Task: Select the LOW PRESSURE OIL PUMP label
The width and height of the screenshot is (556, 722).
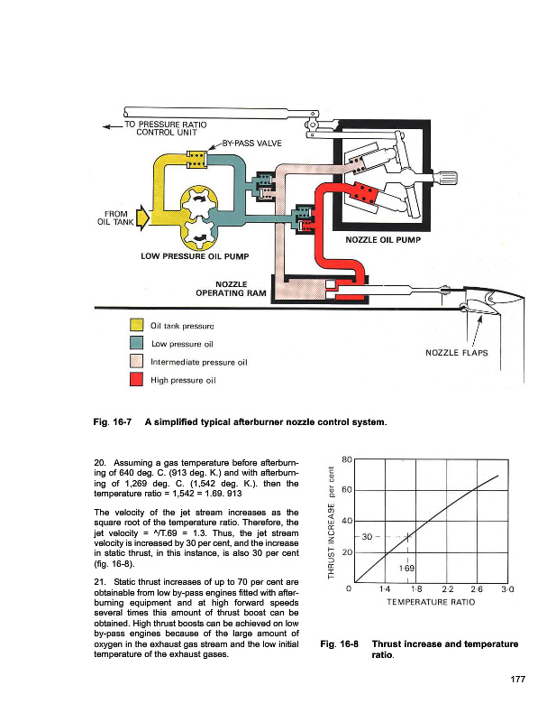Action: tap(195, 255)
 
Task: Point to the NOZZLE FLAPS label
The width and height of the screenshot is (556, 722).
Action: tap(455, 353)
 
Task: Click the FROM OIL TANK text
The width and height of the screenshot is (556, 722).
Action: tap(114, 220)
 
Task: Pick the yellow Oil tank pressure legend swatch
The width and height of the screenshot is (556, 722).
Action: tap(136, 325)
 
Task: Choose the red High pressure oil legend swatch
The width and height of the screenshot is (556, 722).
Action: tap(136, 380)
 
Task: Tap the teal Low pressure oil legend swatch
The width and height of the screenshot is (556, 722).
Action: tap(136, 343)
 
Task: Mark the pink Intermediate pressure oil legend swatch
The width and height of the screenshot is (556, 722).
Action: tap(136, 362)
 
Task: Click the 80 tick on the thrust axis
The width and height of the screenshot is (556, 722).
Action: tap(346, 458)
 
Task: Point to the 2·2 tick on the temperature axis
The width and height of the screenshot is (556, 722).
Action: tap(448, 588)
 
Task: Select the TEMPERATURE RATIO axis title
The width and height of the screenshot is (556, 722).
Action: tap(427, 600)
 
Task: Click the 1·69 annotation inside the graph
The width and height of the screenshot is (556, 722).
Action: tap(408, 569)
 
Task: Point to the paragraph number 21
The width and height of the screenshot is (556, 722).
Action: tap(99, 580)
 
